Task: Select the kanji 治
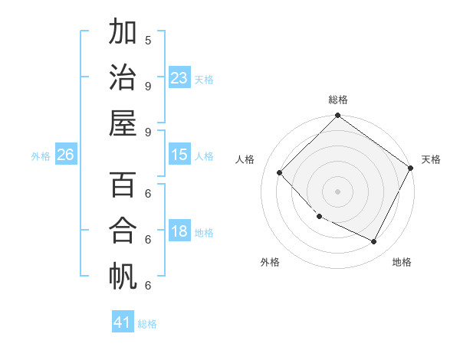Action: pyautogui.click(x=123, y=77)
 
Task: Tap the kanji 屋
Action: pyautogui.click(x=123, y=123)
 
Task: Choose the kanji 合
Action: pyautogui.click(x=123, y=231)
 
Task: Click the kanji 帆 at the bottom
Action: pyautogui.click(x=123, y=276)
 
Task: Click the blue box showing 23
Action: pyautogui.click(x=179, y=78)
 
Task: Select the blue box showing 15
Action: pyautogui.click(x=179, y=155)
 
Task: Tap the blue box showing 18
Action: pyautogui.click(x=179, y=232)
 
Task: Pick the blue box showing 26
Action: pyautogui.click(x=65, y=155)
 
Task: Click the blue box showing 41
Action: pyautogui.click(x=123, y=322)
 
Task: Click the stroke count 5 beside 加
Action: pyautogui.click(x=148, y=40)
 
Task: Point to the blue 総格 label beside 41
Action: pyautogui.click(x=147, y=324)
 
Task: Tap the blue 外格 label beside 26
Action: pyautogui.click(x=41, y=156)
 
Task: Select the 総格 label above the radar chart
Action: pyautogui.click(x=337, y=100)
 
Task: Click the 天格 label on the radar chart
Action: pyautogui.click(x=431, y=159)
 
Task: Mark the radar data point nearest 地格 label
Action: pyautogui.click(x=374, y=242)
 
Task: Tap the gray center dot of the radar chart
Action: pyautogui.click(x=337, y=191)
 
